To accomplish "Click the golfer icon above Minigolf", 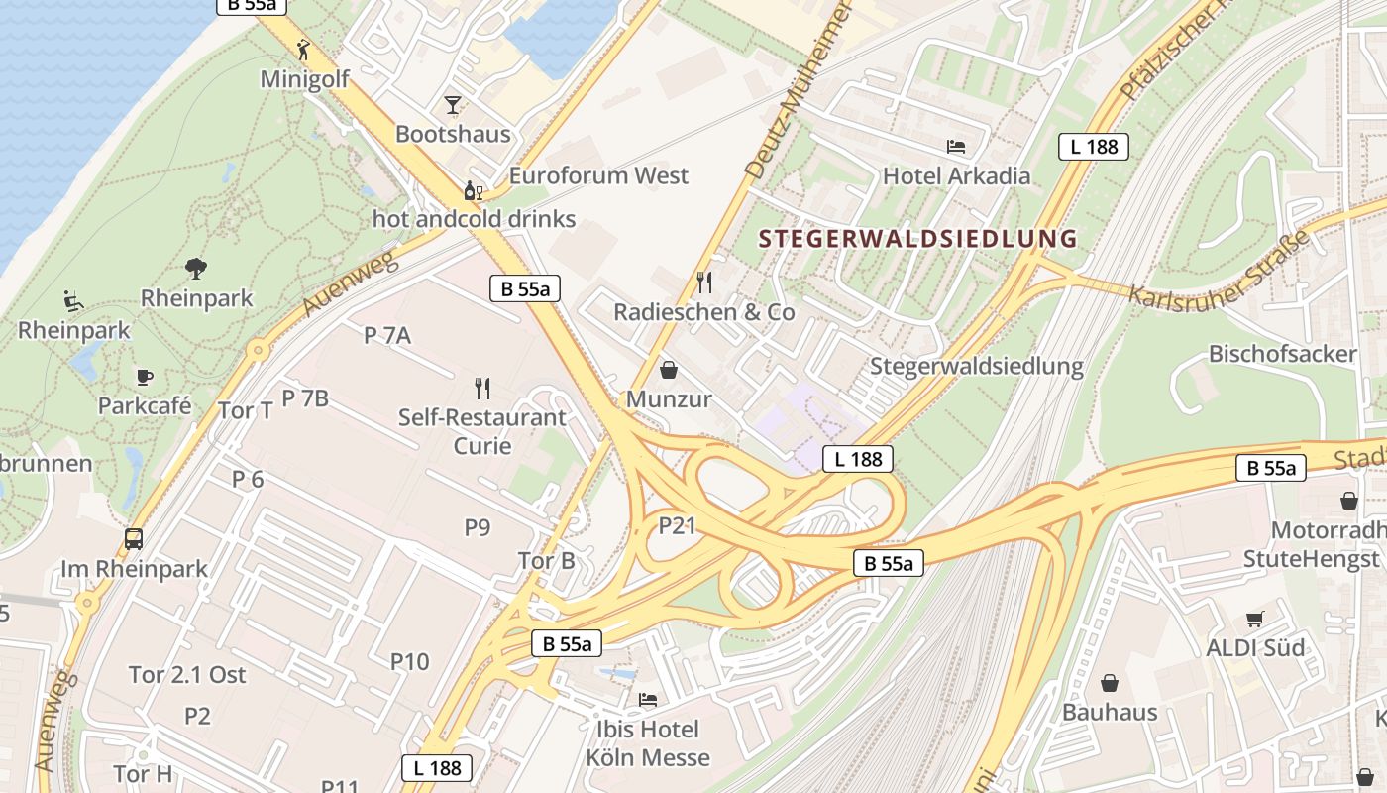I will (x=304, y=49).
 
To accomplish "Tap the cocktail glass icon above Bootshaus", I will (x=453, y=104).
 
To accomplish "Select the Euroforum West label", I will (x=598, y=175).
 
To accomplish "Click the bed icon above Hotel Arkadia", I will (x=956, y=147).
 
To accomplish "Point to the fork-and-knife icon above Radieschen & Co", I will (x=704, y=283).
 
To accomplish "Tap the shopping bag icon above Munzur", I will (x=669, y=370).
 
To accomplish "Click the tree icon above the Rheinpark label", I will (x=196, y=268).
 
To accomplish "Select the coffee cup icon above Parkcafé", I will (x=145, y=377).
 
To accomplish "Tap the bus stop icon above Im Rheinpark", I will (x=134, y=539).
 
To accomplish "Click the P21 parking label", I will (x=678, y=525).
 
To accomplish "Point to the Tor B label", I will (x=547, y=561).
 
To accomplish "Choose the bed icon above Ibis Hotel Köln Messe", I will (x=648, y=700).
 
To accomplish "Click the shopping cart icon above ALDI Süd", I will (x=1255, y=620).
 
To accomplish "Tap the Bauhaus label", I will (x=1110, y=712).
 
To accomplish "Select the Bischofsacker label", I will (x=1282, y=354).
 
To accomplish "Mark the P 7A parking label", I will (x=387, y=335).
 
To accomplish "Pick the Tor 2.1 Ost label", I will (x=187, y=674).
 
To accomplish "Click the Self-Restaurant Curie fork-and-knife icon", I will (x=482, y=388).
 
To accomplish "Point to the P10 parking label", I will (x=409, y=660).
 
